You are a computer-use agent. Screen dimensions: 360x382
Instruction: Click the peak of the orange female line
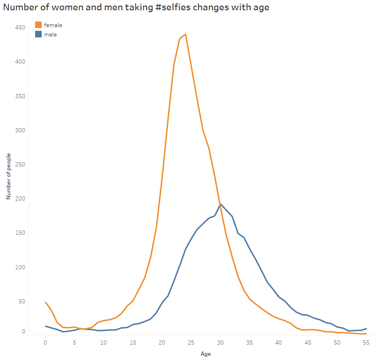(185, 34)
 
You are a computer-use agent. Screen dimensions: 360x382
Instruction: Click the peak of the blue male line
(220, 204)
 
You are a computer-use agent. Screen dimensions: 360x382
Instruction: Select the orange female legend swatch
(38, 25)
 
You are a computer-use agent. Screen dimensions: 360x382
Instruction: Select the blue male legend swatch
(38, 34)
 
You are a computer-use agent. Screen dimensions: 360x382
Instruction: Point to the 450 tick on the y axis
(20, 28)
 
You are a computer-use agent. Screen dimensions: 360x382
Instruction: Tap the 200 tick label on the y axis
(20, 199)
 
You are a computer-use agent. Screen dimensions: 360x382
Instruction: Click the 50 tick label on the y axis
(21, 302)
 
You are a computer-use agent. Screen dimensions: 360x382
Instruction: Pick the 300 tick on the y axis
(20, 130)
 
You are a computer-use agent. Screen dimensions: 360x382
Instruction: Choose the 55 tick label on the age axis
(366, 342)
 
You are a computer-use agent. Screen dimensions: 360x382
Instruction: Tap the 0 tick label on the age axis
(45, 342)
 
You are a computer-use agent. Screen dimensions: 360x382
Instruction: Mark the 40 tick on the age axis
(279, 342)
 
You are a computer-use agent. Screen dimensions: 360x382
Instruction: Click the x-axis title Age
(206, 354)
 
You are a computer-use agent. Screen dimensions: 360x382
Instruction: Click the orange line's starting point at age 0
(45, 302)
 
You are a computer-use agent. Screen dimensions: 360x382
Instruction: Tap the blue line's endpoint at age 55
(366, 329)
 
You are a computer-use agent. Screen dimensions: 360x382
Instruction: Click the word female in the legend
(53, 25)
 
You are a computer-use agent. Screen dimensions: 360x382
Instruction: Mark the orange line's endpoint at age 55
(366, 333)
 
